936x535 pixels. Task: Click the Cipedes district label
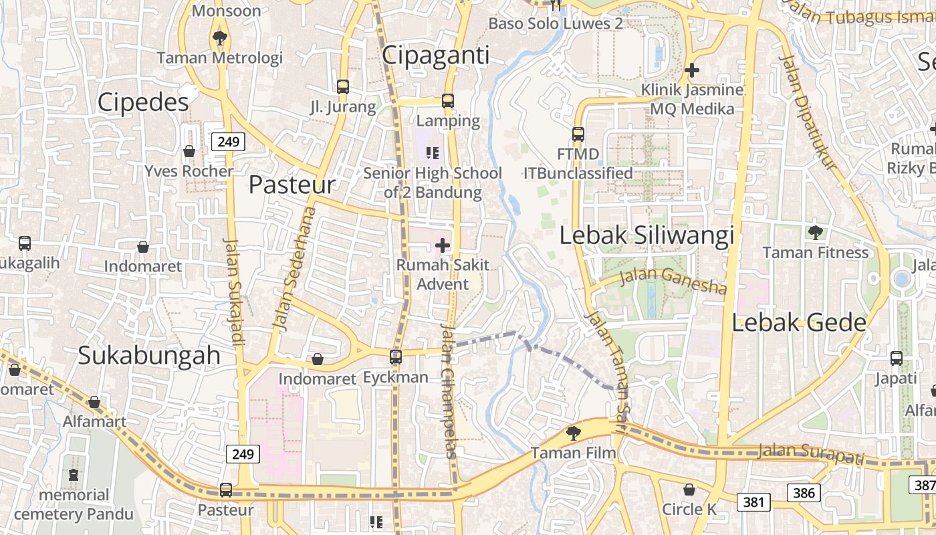(x=143, y=102)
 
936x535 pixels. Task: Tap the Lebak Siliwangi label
(x=647, y=235)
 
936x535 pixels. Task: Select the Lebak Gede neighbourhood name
(x=799, y=323)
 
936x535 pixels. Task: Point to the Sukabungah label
(x=149, y=355)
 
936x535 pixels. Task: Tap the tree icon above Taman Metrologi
(x=219, y=38)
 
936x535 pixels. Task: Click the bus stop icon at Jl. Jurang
(x=343, y=87)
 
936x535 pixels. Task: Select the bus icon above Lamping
(x=448, y=101)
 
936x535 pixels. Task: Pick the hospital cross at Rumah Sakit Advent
(x=443, y=245)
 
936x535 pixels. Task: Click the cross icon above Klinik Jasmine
(x=692, y=70)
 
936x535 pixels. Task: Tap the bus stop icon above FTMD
(x=578, y=134)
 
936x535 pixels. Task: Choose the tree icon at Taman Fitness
(x=815, y=233)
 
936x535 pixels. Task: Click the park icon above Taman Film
(x=573, y=433)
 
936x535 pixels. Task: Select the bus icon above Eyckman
(x=396, y=356)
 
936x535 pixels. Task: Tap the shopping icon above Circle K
(x=689, y=490)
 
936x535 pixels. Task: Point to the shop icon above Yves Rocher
(x=189, y=151)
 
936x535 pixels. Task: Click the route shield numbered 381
(x=753, y=502)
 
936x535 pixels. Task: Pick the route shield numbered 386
(x=804, y=494)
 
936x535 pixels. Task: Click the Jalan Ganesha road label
(x=673, y=281)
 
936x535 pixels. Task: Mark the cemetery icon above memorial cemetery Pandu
(x=74, y=475)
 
